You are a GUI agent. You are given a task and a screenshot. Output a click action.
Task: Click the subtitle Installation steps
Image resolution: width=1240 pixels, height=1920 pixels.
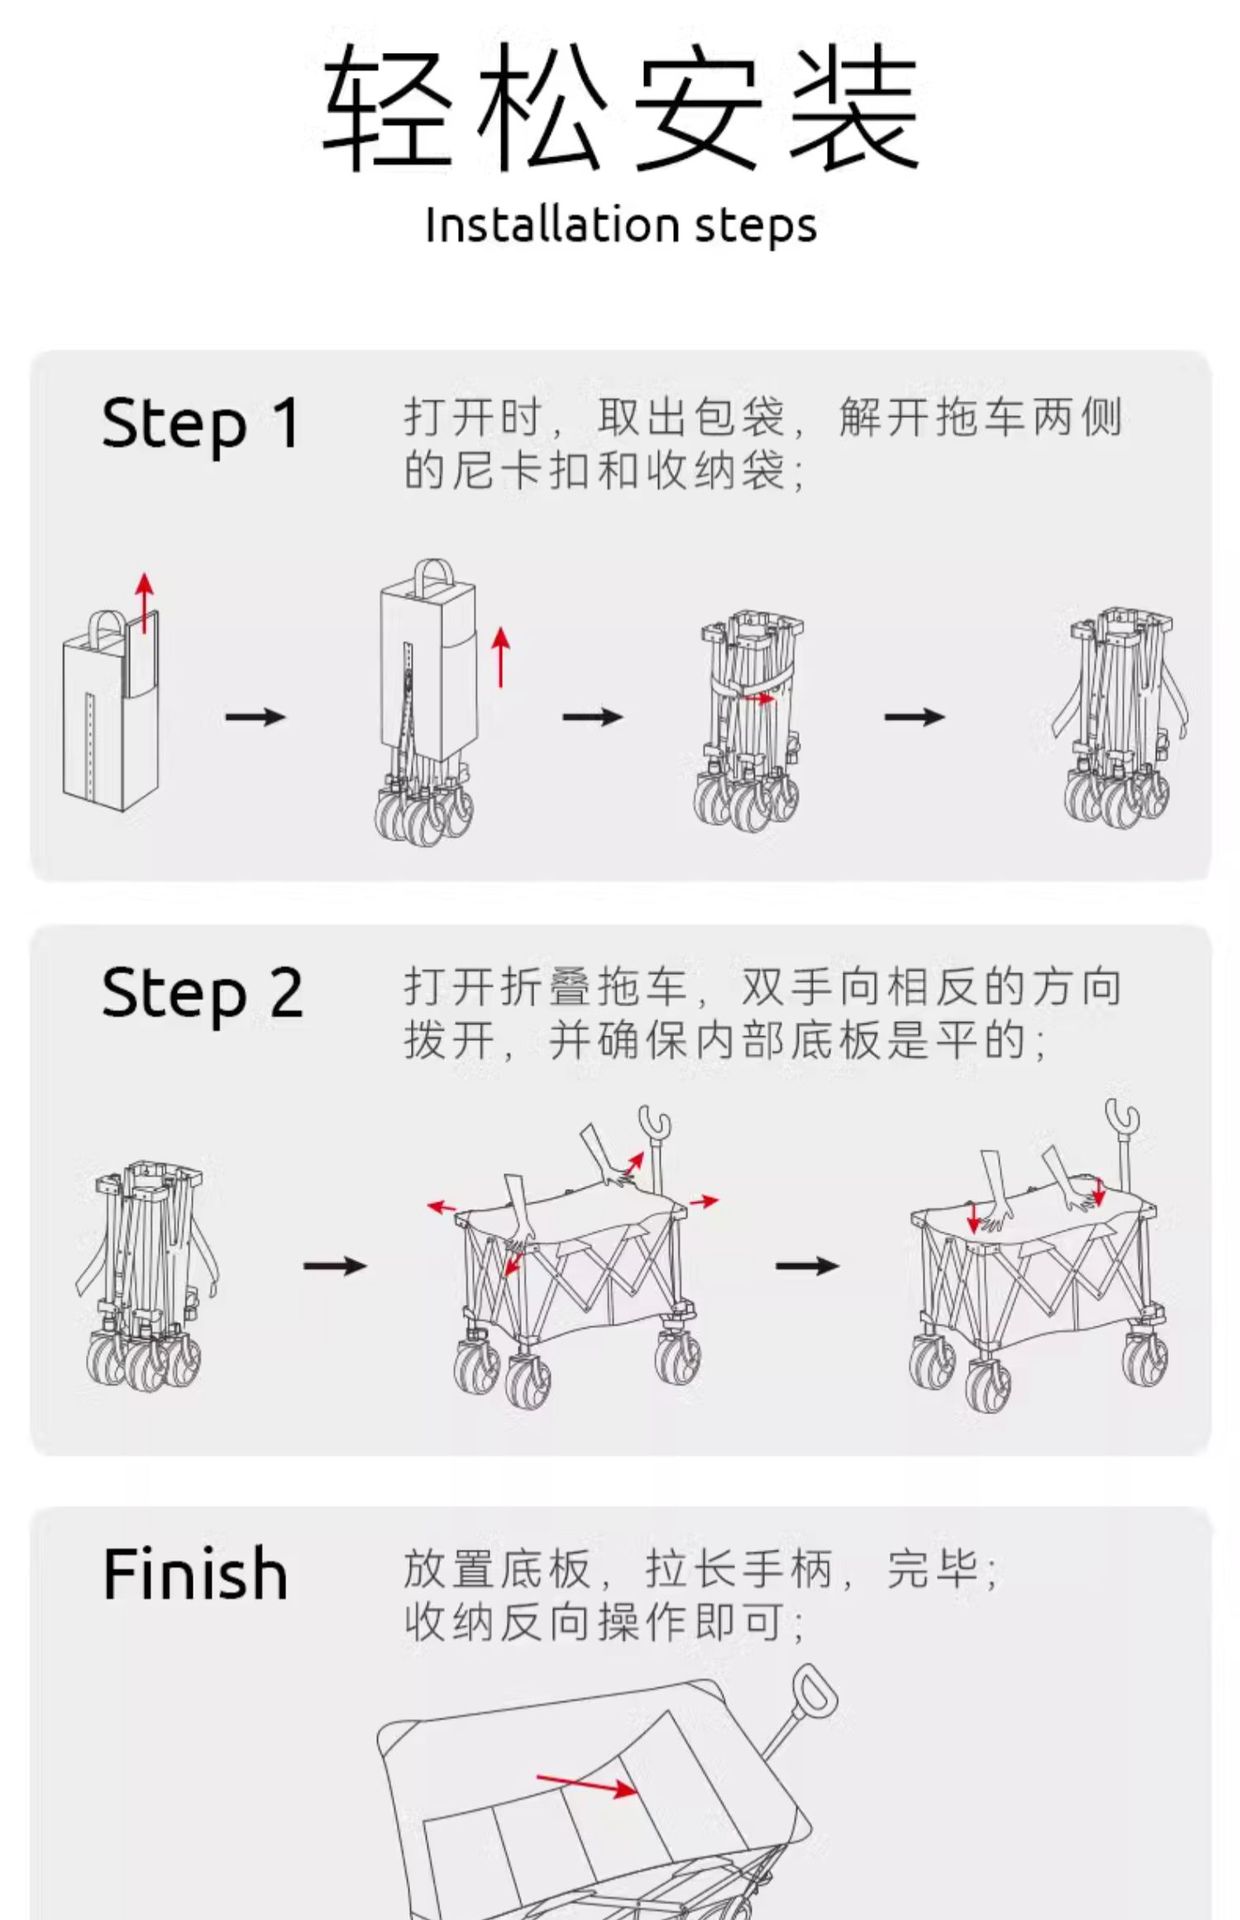pyautogui.click(x=620, y=225)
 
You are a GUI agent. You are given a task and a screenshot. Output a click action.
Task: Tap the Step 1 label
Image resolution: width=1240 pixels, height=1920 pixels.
pyautogui.click(x=200, y=424)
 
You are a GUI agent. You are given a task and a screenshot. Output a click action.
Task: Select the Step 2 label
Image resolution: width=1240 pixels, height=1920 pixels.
pyautogui.click(x=202, y=993)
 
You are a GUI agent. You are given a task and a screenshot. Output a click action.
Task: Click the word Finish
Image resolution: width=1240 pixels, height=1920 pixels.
pyautogui.click(x=195, y=1574)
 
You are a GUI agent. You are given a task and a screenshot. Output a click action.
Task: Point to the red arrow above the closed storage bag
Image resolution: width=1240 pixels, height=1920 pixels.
pyautogui.click(x=145, y=602)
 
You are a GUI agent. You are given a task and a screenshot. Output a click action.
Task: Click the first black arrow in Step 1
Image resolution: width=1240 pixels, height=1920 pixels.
pyautogui.click(x=255, y=716)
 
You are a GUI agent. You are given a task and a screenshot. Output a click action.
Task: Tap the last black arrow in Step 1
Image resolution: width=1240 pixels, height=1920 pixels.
pyautogui.click(x=914, y=716)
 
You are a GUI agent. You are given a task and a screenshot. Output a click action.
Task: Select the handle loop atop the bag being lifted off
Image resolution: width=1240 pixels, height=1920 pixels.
pyautogui.click(x=433, y=576)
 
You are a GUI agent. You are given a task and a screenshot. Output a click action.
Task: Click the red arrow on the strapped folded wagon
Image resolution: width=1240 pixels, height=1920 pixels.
pyautogui.click(x=761, y=699)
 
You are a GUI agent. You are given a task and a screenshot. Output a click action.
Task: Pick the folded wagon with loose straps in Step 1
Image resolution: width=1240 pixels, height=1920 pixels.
pyautogui.click(x=1120, y=715)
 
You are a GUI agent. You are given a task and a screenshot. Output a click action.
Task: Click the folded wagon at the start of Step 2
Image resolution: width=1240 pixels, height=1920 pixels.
pyautogui.click(x=145, y=1275)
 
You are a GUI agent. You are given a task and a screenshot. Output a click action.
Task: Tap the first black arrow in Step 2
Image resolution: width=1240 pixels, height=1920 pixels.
pyautogui.click(x=335, y=1266)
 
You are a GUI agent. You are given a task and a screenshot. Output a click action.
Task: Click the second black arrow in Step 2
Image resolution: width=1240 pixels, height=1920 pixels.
pyautogui.click(x=807, y=1266)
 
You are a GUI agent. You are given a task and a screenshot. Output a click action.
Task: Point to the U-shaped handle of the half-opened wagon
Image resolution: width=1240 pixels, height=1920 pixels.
pyautogui.click(x=654, y=1125)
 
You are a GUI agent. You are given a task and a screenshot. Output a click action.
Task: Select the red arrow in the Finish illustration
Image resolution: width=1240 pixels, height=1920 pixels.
pyautogui.click(x=586, y=1784)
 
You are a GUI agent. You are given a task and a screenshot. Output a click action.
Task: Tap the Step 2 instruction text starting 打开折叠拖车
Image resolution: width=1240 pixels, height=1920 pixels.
pyautogui.click(x=762, y=1014)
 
